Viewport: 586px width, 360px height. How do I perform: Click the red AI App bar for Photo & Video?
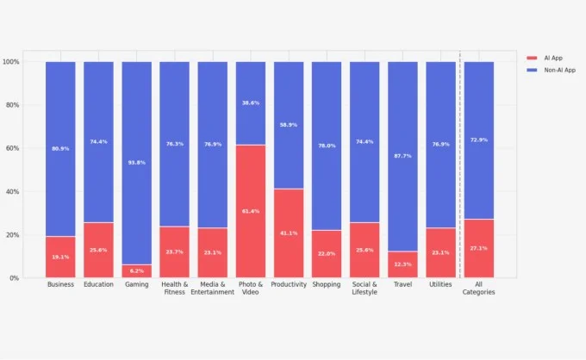(x=251, y=211)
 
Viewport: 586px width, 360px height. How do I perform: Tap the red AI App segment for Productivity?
(x=289, y=233)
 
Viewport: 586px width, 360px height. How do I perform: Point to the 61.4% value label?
(x=251, y=211)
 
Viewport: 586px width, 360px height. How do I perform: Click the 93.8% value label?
(x=136, y=163)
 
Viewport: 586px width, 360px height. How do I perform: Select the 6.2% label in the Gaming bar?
(x=136, y=270)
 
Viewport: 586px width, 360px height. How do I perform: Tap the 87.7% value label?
(x=402, y=156)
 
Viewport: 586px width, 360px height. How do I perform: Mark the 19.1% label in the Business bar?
(x=60, y=257)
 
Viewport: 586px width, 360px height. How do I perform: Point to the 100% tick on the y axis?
(x=11, y=62)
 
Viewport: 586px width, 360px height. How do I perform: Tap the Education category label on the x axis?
(x=98, y=284)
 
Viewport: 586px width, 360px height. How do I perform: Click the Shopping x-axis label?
(x=327, y=284)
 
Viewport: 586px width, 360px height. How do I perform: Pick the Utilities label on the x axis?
(x=440, y=284)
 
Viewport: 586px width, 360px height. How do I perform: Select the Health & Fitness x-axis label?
(x=174, y=288)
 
